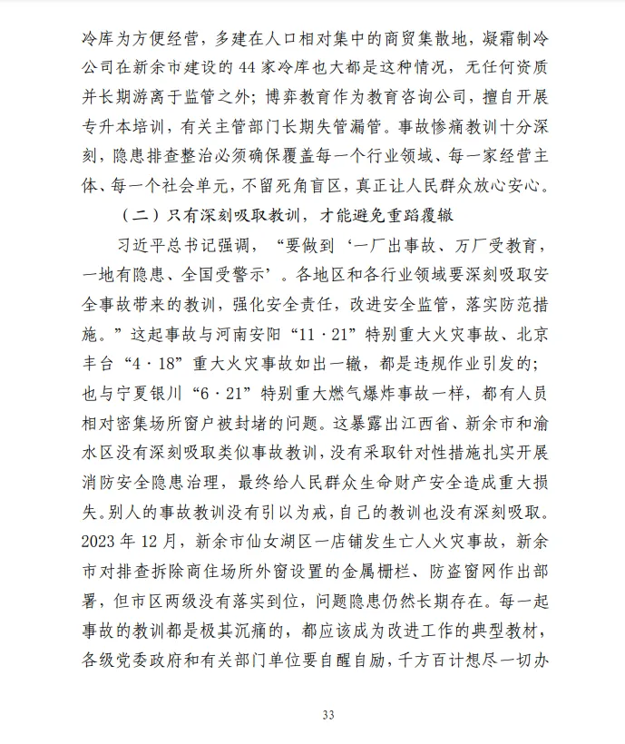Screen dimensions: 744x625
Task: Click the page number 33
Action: (328, 715)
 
